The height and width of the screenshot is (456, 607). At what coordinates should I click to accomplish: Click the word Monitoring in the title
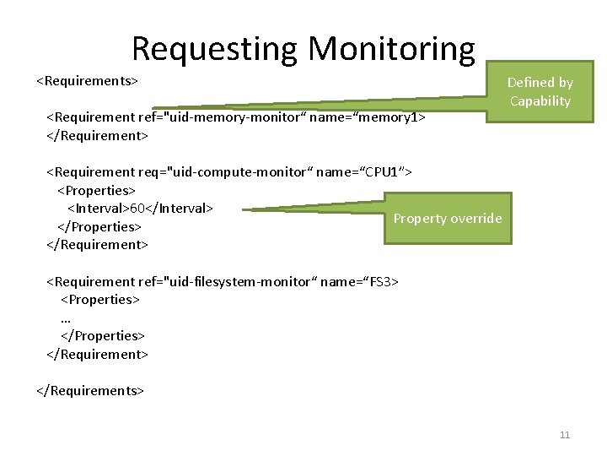coord(392,49)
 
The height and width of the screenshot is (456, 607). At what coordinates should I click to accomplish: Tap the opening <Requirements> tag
coord(87,81)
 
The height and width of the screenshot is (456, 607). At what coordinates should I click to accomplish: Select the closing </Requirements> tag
coord(90,390)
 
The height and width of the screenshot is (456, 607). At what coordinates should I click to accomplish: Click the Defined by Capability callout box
coord(540,92)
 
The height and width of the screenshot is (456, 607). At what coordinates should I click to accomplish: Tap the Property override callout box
coord(447,219)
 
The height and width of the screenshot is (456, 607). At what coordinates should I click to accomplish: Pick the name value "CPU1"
coord(384,171)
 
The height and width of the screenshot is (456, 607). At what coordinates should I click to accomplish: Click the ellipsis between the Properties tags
coord(66,318)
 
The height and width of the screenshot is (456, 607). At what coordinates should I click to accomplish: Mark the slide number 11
coord(565,435)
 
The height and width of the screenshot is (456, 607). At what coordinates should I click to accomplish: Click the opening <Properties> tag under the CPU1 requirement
coord(96,190)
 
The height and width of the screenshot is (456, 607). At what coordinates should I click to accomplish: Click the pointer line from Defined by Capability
coord(320,100)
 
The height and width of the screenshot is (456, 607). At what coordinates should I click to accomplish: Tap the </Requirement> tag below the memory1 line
coord(97,135)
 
